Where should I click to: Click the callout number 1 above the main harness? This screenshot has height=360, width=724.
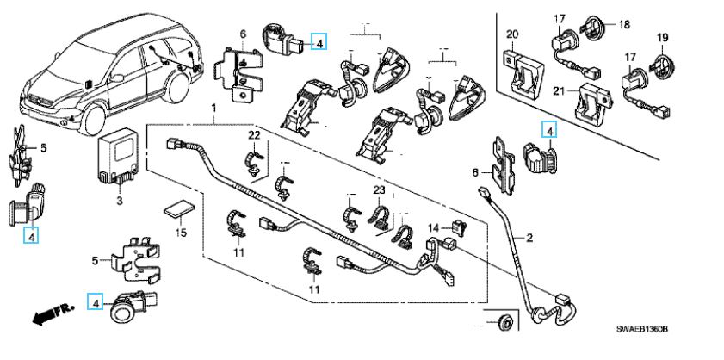[213, 106]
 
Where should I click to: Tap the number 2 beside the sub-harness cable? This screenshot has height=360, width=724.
[530, 237]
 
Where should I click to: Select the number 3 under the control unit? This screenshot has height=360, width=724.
[120, 201]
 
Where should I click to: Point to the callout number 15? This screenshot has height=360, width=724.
[181, 233]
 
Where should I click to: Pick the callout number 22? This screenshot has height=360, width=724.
[254, 136]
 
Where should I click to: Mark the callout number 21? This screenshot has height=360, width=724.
[558, 91]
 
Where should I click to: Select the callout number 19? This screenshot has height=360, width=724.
[663, 37]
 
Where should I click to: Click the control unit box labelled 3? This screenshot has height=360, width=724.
[118, 155]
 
